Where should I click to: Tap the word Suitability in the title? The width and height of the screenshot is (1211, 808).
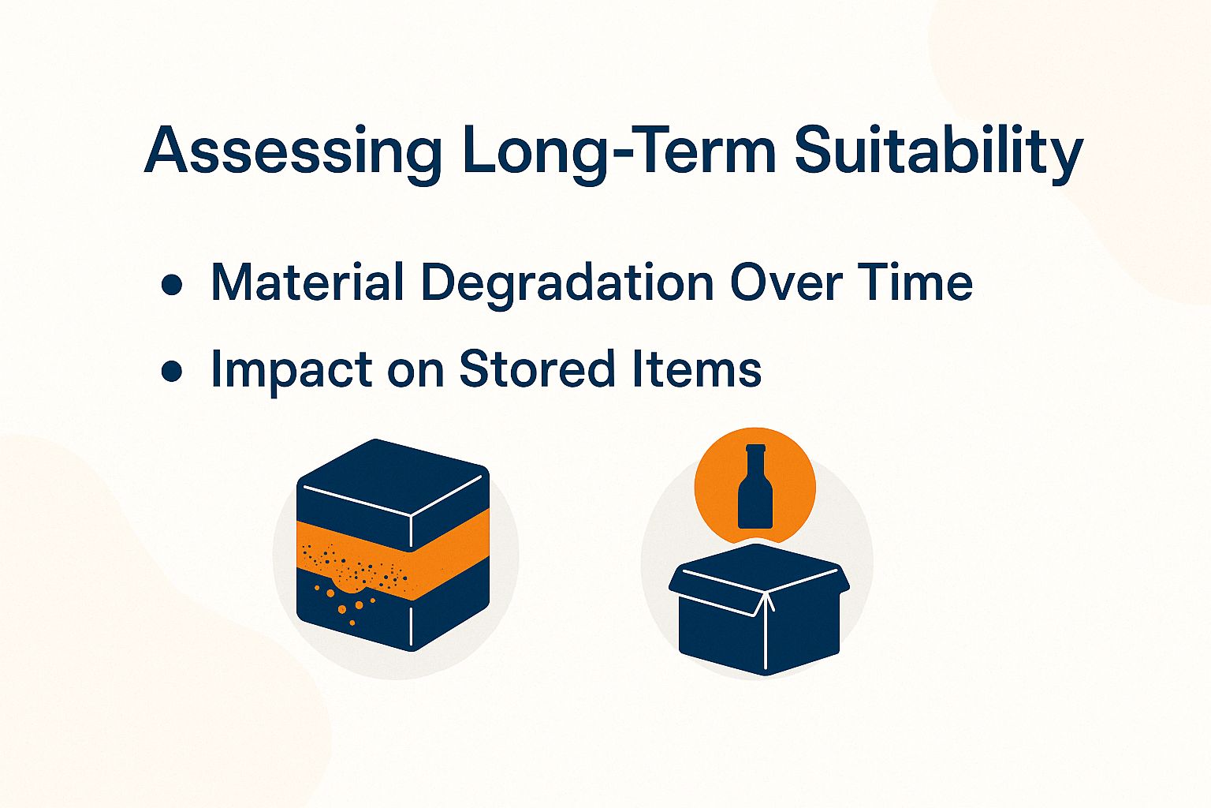[x=937, y=152]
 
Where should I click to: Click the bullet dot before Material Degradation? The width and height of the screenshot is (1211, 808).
[x=171, y=285]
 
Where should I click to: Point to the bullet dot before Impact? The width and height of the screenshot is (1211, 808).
[x=171, y=371]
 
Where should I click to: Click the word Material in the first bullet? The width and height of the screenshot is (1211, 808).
[x=308, y=282]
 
